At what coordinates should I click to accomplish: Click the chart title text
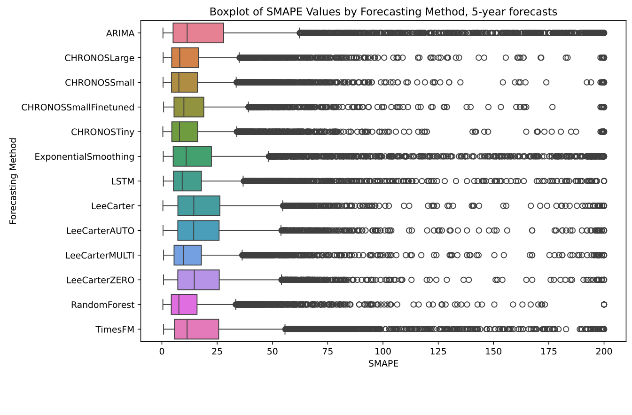(383, 12)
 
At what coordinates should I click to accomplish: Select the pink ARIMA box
(198, 33)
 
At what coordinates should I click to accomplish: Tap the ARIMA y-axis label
(120, 33)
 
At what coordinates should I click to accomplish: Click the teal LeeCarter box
(198, 206)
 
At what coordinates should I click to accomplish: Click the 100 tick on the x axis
(383, 351)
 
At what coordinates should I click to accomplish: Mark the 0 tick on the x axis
(162, 351)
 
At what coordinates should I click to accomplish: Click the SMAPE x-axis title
(383, 363)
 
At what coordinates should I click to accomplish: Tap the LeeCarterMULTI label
(100, 255)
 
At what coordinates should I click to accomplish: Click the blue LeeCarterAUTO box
(198, 230)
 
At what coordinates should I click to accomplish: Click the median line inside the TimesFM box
(187, 329)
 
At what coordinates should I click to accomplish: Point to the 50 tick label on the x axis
(273, 351)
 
